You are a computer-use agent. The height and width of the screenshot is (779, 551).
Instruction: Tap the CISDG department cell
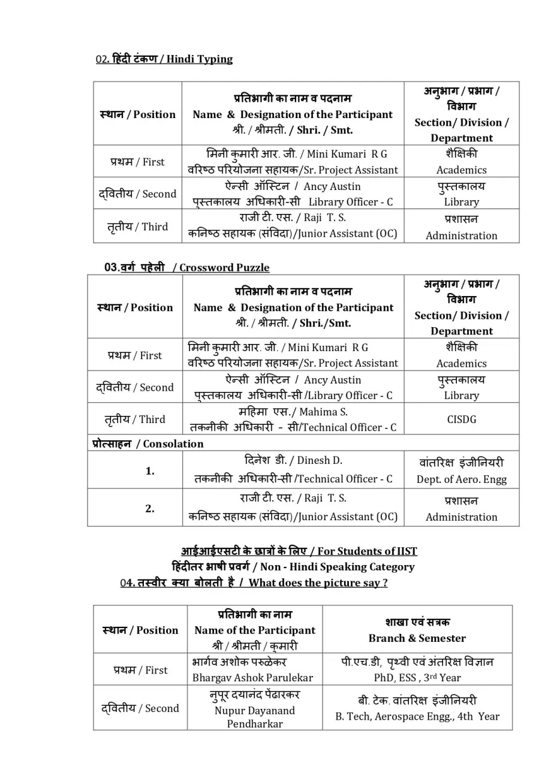click(462, 419)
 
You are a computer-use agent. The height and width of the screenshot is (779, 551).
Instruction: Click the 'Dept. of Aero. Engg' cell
click(462, 479)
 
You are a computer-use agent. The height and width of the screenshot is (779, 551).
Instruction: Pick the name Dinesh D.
click(319, 460)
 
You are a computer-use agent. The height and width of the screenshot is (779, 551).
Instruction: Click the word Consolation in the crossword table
click(173, 443)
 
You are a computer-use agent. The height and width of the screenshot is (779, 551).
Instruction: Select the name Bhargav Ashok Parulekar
click(252, 678)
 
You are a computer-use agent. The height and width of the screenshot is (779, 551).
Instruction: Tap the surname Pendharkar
click(255, 723)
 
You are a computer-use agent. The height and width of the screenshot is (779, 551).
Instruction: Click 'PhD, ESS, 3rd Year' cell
click(417, 678)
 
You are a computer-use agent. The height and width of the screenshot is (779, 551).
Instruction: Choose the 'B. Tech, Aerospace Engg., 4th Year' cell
click(417, 716)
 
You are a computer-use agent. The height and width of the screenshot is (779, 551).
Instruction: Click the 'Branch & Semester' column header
click(417, 638)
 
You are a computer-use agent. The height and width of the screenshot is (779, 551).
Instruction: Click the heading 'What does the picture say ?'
click(318, 582)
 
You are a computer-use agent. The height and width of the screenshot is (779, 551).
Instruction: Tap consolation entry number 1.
click(150, 471)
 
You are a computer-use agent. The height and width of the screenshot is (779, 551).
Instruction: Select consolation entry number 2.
click(150, 508)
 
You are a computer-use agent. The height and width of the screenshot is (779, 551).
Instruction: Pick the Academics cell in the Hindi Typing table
click(462, 170)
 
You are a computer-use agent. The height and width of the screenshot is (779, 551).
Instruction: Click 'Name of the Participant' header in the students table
click(255, 630)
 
